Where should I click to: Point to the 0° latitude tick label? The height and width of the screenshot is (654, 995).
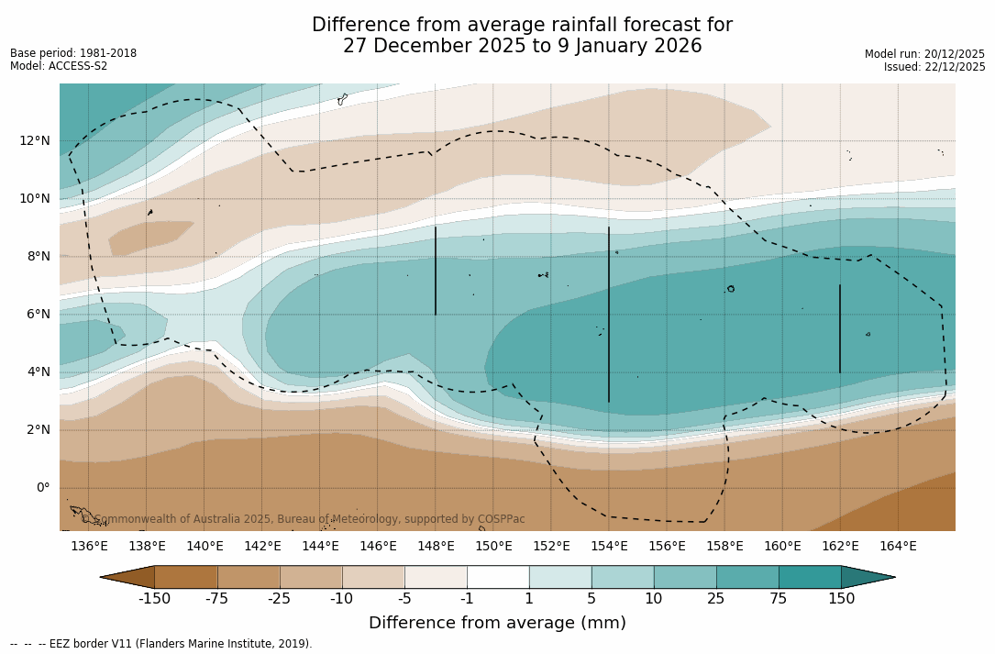42,487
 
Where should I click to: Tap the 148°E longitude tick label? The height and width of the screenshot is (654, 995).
436,547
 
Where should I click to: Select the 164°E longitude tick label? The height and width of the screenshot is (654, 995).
898,547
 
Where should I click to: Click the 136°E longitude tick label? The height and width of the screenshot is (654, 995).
89,547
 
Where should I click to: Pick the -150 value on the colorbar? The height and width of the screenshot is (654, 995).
154,599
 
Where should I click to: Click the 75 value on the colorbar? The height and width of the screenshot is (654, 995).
779,599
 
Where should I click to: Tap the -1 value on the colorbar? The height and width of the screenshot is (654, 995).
467,599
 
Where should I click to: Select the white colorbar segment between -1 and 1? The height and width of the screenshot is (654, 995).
498,577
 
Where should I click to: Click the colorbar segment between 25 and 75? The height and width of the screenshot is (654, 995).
747,577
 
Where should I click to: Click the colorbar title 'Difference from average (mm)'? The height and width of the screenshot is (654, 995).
497,623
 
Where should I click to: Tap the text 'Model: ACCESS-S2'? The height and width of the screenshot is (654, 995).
59,66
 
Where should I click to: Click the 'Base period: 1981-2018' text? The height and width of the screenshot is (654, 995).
73,53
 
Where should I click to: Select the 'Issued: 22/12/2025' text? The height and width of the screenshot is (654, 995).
934,67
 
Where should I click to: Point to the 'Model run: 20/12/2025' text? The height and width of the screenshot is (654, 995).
924,54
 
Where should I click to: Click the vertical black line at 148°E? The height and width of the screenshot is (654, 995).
436,271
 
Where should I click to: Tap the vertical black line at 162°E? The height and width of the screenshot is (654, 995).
840,328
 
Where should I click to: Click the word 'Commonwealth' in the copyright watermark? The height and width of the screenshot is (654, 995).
132,519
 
